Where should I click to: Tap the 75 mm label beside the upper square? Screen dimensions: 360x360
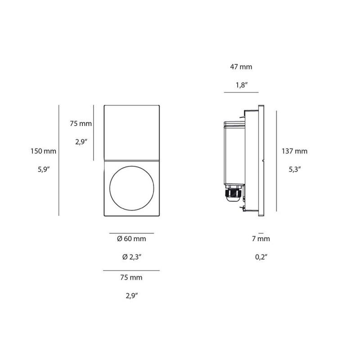point(81,124)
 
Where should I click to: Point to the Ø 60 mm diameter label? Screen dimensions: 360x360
point(131,239)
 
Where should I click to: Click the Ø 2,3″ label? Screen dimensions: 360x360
point(131,257)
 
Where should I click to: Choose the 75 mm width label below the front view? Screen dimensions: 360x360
point(131,278)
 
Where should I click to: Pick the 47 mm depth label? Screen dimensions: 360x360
point(241,67)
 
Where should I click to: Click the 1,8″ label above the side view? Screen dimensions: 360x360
point(241,85)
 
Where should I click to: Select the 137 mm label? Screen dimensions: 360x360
point(295,151)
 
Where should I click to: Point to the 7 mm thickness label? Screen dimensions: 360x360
point(261,239)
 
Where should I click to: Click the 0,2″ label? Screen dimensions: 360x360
point(261,257)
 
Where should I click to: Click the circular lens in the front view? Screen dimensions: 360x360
point(131,188)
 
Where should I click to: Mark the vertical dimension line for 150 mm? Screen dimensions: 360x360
point(59,160)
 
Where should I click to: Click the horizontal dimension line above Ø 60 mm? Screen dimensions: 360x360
point(131,233)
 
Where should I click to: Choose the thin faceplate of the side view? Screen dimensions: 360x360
point(261,160)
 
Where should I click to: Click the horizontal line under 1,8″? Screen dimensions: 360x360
point(241,92)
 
